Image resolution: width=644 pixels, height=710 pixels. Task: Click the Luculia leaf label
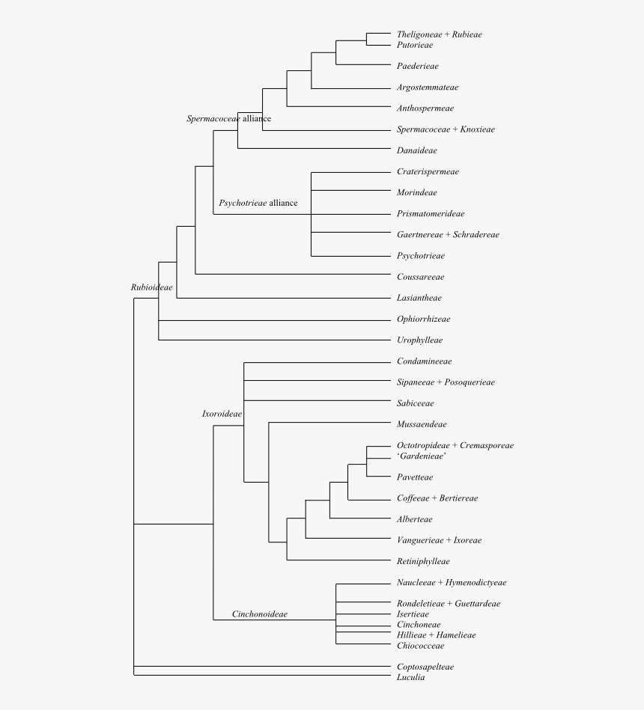410,678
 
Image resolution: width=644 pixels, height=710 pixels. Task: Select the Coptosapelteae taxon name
425,667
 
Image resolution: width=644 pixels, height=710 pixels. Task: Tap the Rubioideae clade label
151,287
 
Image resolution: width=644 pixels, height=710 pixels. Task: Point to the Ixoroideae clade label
222,414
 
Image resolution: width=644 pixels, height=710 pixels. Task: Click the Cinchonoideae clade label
259,614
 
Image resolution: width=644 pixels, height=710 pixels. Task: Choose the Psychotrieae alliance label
258,203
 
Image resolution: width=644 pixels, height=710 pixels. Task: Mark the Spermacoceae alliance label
228,119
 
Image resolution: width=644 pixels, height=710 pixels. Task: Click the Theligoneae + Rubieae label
439,34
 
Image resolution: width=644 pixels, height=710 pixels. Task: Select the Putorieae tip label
415,46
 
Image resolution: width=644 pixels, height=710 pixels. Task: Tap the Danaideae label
417,150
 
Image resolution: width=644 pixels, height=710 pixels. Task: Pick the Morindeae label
417,193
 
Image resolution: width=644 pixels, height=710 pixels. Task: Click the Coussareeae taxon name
421,277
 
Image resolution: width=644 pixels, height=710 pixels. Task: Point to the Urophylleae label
419,340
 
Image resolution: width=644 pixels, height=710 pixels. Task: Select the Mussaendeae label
422,425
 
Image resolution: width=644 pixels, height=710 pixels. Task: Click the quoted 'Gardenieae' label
422,456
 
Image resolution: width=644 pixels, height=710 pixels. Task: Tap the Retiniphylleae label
423,561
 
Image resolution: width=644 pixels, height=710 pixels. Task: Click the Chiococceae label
420,646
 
